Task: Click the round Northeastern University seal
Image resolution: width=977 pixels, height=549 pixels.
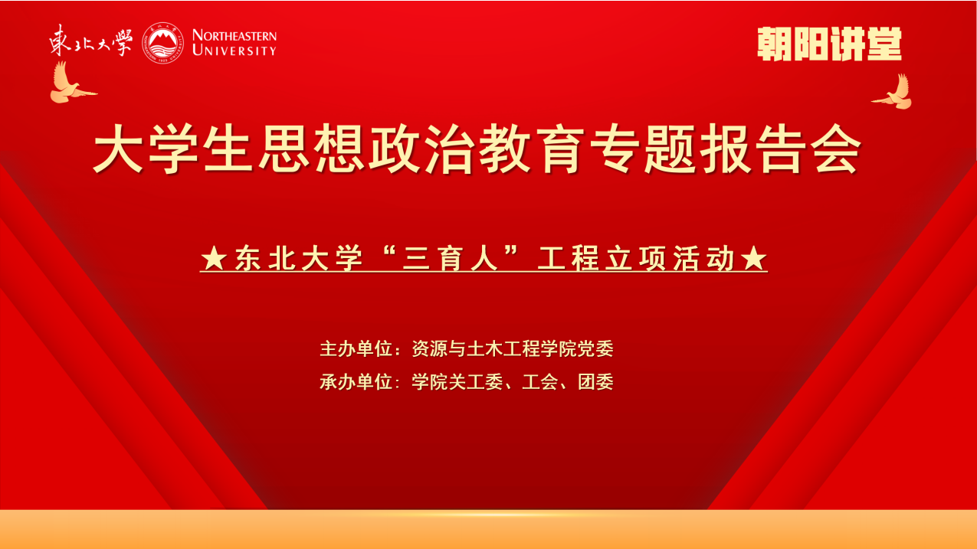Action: (162, 43)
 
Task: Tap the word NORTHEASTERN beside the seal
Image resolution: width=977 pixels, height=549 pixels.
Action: (234, 36)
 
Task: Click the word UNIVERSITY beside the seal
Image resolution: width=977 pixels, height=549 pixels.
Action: (234, 51)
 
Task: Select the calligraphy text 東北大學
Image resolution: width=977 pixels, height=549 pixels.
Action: (90, 41)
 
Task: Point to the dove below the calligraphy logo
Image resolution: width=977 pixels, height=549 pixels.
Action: (72, 83)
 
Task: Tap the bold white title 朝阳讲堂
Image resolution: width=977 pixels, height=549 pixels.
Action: (829, 44)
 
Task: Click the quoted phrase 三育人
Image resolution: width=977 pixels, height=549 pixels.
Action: (451, 258)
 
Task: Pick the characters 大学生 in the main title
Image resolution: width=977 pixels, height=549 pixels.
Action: (173, 149)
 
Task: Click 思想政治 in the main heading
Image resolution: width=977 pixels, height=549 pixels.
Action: (367, 149)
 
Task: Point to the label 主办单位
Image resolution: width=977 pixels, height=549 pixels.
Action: (356, 349)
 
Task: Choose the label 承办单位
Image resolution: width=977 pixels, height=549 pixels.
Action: (356, 382)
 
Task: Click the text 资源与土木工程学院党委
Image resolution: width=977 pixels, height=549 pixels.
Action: (513, 349)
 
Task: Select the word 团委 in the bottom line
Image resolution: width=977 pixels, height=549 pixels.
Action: (596, 382)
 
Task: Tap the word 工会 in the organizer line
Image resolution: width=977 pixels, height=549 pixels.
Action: (540, 382)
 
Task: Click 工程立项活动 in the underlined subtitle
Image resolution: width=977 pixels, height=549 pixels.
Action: (636, 258)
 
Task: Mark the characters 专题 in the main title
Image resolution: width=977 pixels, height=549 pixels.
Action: (642, 149)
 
